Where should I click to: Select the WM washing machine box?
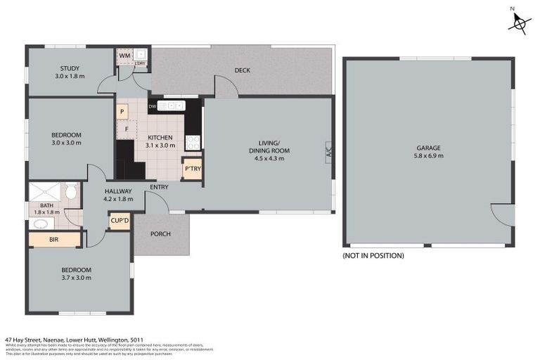(124, 56)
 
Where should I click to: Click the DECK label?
(242, 70)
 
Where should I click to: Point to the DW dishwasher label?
(153, 106)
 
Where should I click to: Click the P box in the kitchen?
(122, 111)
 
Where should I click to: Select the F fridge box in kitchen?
(126, 129)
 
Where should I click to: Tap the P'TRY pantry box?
(192, 169)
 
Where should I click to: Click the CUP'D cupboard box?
(120, 221)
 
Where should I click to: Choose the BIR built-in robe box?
(54, 240)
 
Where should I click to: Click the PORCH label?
(160, 234)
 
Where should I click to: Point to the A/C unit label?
(328, 151)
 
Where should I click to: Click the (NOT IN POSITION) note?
(373, 255)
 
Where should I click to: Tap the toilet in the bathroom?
(70, 192)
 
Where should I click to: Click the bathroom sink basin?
(41, 224)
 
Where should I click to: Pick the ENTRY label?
(159, 187)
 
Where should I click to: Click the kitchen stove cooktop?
(193, 141)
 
